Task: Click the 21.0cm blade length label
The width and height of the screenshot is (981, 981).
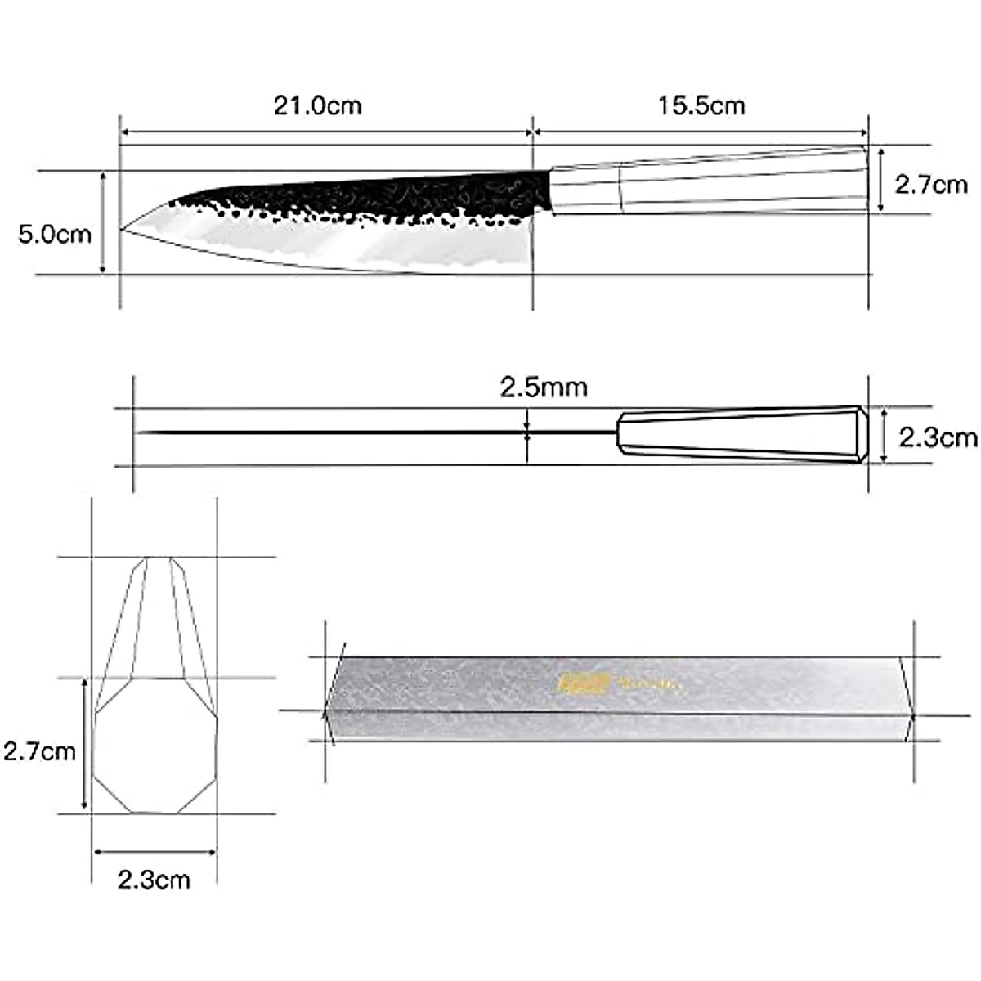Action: coord(317,105)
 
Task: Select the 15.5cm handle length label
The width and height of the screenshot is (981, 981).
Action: coord(701,105)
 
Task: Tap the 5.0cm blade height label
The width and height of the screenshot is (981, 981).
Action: coord(55,235)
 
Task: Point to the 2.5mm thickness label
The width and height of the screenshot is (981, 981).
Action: coord(544,387)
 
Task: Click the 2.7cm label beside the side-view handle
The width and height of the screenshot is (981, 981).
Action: coord(930,185)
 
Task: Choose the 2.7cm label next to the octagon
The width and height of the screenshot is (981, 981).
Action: coord(39,750)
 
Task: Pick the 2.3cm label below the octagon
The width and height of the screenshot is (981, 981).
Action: coord(154,880)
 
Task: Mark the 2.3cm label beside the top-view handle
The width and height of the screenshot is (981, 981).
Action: coord(937,438)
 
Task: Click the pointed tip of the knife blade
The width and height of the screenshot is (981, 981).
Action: coord(124,230)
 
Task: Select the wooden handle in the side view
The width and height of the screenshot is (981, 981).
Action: coord(707,181)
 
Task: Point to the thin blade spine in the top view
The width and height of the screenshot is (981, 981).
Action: coord(368,432)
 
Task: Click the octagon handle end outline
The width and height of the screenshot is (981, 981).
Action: coord(155,746)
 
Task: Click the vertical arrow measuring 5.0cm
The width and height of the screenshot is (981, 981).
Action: coord(102,223)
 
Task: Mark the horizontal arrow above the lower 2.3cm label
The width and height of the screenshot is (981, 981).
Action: coord(155,852)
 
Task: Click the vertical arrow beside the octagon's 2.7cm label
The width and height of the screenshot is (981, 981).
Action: coord(84,746)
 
